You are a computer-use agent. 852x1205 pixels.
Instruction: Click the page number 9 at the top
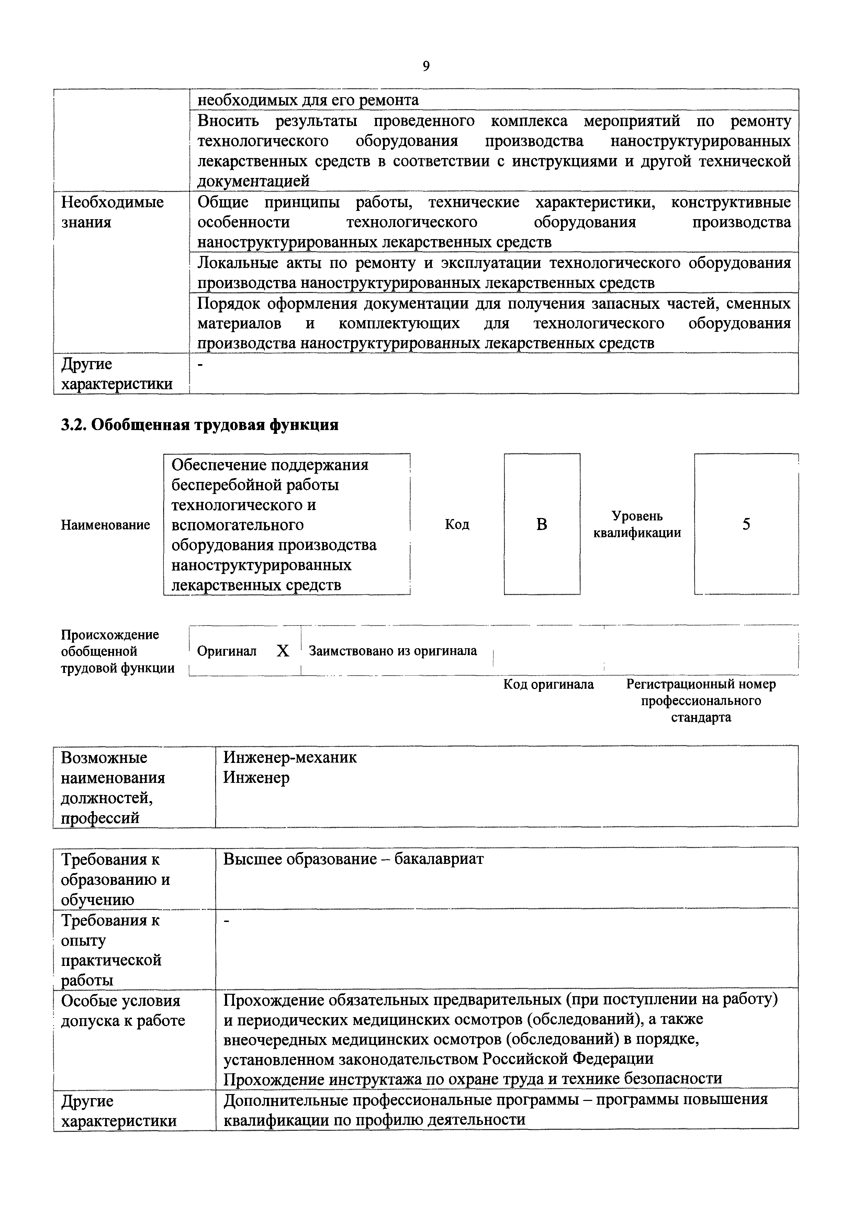pos(426,66)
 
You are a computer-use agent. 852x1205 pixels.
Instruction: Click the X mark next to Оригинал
pos(283,651)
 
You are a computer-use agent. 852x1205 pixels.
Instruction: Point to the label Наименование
pos(105,525)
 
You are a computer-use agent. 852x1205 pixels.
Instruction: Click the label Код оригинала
pos(549,684)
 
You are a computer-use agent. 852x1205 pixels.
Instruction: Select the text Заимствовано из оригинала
pos(393,651)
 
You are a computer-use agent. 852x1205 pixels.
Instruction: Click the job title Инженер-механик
pos(290,757)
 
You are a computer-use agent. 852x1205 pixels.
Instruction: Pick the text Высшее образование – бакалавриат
pos(353,859)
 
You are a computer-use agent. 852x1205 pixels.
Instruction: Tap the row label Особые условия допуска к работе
pos(123,1011)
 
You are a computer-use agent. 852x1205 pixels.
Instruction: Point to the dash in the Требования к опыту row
pos(227,921)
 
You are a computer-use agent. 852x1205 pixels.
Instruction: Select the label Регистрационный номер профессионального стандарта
pos(701,701)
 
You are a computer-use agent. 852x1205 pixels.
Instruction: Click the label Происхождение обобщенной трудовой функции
pos(117,651)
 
